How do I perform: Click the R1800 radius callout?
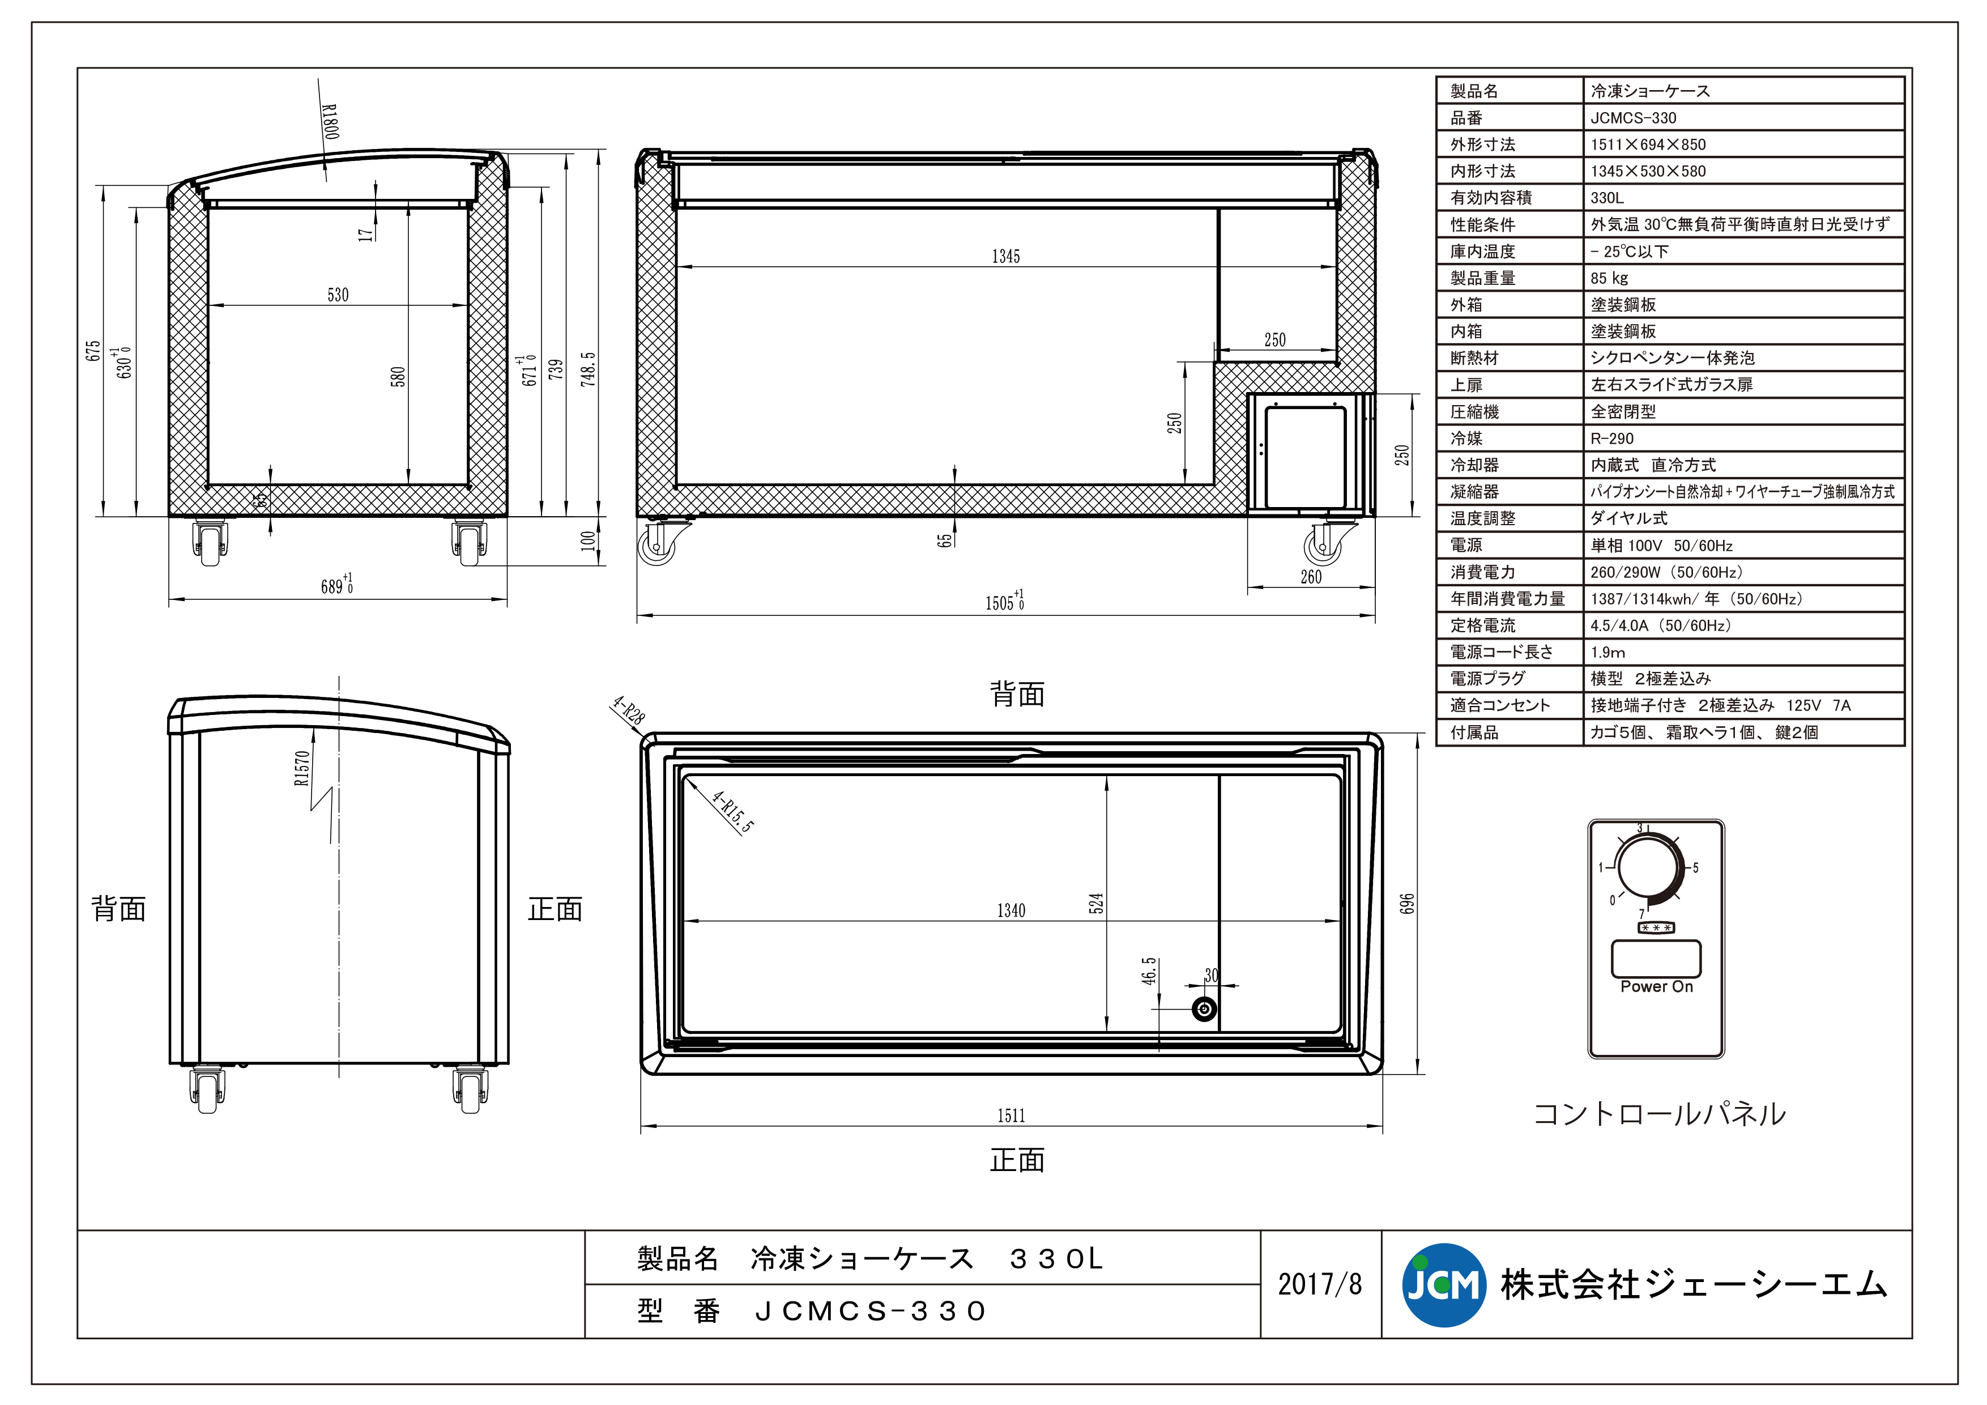click(330, 121)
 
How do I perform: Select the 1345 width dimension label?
click(1005, 256)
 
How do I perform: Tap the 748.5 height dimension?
click(589, 369)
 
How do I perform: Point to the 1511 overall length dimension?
click(1011, 1116)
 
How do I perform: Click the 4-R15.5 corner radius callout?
click(732, 811)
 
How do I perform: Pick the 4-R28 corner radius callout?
click(628, 710)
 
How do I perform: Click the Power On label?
click(1656, 987)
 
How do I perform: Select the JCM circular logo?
click(1443, 1285)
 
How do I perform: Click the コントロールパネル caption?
click(1659, 1114)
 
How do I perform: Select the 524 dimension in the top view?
click(1097, 903)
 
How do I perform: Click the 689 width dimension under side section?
click(336, 586)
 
